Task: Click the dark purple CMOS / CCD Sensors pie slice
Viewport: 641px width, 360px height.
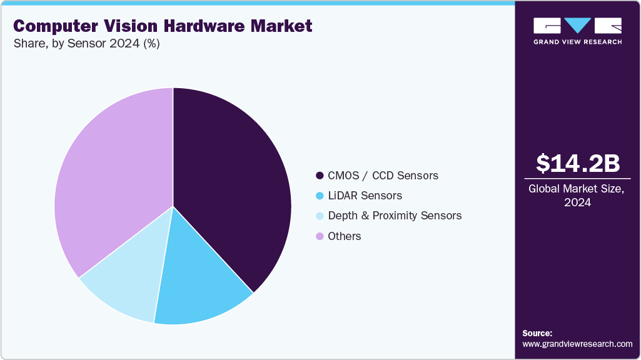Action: pyautogui.click(x=231, y=187)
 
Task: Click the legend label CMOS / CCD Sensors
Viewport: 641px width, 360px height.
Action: pyautogui.click(x=383, y=176)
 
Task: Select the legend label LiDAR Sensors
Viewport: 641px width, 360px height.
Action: pyautogui.click(x=365, y=196)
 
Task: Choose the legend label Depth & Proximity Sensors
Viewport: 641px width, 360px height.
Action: pyautogui.click(x=395, y=216)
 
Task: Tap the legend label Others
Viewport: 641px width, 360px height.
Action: pyautogui.click(x=344, y=236)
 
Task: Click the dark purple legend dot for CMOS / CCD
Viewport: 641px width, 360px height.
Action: pyautogui.click(x=320, y=176)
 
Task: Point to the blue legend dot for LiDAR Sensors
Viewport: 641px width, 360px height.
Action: pyautogui.click(x=320, y=196)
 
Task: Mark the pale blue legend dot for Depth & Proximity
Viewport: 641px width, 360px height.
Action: pyautogui.click(x=320, y=216)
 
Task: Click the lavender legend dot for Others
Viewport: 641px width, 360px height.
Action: pyautogui.click(x=320, y=236)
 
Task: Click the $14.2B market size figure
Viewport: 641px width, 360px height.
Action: pyautogui.click(x=578, y=163)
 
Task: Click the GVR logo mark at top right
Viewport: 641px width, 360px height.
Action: pyautogui.click(x=577, y=26)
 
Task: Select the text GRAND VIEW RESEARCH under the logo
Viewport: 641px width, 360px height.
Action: pyautogui.click(x=577, y=42)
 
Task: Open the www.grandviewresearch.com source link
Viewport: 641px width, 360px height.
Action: pyautogui.click(x=577, y=344)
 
